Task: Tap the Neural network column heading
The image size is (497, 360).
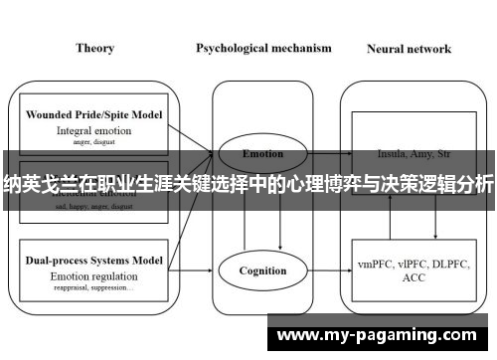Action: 409,48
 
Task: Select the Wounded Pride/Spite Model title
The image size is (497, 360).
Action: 93,115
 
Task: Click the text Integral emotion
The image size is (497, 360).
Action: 93,130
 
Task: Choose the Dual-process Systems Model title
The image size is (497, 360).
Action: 93,260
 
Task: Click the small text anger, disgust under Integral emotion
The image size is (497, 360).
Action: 93,141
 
